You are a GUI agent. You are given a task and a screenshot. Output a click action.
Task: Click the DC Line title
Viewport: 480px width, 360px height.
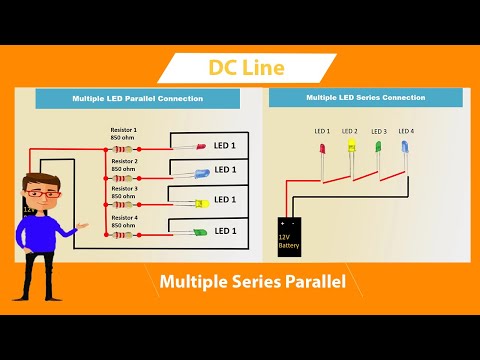point(246,68)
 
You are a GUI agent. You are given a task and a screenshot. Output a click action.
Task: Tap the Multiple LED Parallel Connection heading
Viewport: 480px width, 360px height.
point(137,99)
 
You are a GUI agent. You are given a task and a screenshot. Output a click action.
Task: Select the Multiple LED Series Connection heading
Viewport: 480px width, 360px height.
point(365,98)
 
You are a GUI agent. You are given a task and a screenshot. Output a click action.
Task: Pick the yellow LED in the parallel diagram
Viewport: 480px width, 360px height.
point(201,202)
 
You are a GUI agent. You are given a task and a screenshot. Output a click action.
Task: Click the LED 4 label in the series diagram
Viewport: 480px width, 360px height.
point(405,131)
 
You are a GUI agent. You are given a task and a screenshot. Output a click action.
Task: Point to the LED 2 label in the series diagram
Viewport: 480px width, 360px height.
point(349,131)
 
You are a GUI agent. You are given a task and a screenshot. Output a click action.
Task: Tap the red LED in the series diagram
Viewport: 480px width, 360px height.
point(322,150)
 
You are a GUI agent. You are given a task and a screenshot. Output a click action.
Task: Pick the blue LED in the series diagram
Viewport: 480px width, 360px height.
point(405,149)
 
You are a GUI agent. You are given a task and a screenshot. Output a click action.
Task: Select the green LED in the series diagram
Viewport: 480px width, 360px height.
point(378,149)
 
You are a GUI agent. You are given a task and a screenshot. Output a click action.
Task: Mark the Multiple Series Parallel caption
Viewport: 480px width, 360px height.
point(252,283)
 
